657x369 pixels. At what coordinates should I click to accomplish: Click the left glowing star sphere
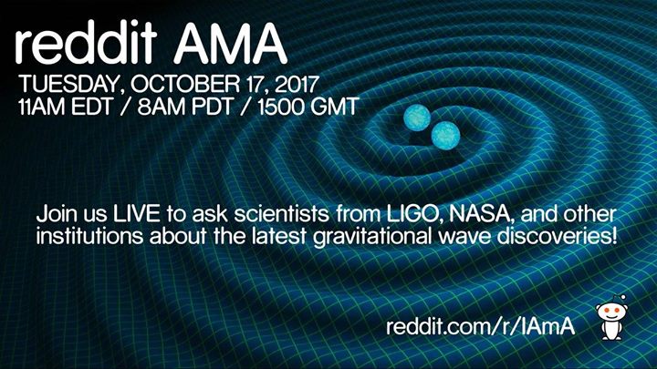419,118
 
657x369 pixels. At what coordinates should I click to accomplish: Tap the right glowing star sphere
444,137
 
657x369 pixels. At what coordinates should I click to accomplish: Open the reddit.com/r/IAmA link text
480,326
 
